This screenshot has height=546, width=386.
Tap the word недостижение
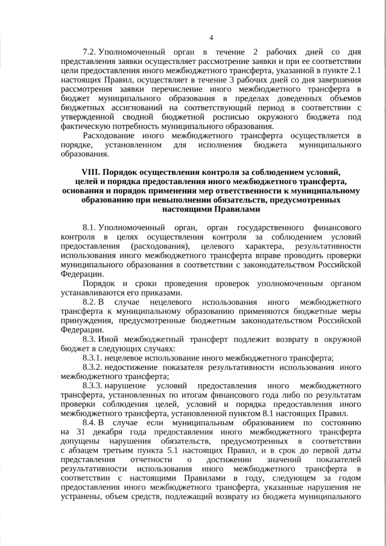tap(137, 368)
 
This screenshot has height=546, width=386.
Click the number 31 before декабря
tap(83, 433)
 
